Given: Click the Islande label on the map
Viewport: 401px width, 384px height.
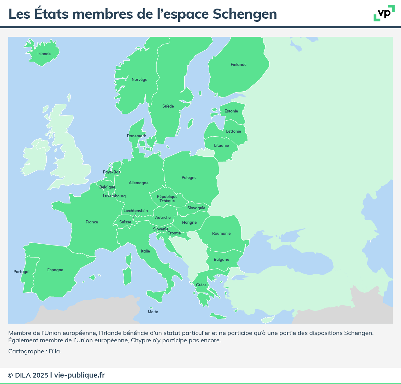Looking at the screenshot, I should point(44,54).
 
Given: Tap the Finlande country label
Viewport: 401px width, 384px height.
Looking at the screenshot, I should point(238,65).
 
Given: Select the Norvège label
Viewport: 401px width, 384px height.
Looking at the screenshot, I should point(139,80).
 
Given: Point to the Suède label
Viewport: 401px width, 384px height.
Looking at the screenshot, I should point(168,106).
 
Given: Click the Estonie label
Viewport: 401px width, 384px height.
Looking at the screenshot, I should point(231,111).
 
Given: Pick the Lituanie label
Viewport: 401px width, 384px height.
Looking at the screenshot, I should point(222,146).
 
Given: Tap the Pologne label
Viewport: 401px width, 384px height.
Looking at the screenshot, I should point(189,178).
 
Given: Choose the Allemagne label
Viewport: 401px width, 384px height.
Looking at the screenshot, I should point(138,183).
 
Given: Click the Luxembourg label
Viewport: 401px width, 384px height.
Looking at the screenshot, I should point(114,196).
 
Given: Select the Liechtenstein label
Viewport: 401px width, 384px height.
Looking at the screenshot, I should point(136,211).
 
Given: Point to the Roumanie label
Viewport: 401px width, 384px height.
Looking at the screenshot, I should point(221,234).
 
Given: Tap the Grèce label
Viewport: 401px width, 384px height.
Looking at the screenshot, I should point(201,285).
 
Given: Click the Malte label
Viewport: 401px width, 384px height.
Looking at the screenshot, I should point(153,312).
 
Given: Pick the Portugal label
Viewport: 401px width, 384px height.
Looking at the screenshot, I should point(21,272).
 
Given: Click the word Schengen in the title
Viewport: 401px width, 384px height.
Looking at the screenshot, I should point(245,14).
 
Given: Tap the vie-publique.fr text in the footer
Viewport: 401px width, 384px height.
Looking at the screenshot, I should point(79,375).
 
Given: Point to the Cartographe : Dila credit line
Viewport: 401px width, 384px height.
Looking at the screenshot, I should point(35,352).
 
